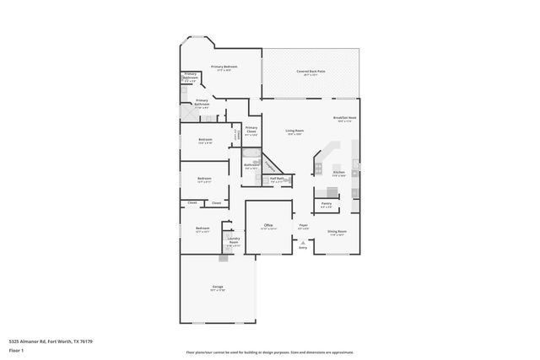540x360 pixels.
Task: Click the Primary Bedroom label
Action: pyautogui.click(x=224, y=67)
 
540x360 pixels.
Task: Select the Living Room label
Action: pyautogui.click(x=294, y=131)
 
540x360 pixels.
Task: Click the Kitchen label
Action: pyautogui.click(x=338, y=172)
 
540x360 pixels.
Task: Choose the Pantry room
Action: pyautogui.click(x=327, y=204)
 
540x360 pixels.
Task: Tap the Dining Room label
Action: pyautogui.click(x=336, y=231)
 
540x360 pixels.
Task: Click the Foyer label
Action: pyautogui.click(x=304, y=225)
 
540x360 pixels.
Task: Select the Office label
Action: pyautogui.click(x=268, y=225)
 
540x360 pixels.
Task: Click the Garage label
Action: pyautogui.click(x=217, y=288)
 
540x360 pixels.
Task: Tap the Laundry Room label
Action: pyautogui.click(x=234, y=240)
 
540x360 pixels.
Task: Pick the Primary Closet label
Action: pyautogui.click(x=251, y=129)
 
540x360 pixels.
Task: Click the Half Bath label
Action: pyautogui.click(x=276, y=179)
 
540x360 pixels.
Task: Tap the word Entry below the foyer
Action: pyautogui.click(x=303, y=248)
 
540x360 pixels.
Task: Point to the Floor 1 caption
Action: pyautogui.click(x=14, y=348)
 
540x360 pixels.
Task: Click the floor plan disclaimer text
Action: pyautogui.click(x=269, y=352)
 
